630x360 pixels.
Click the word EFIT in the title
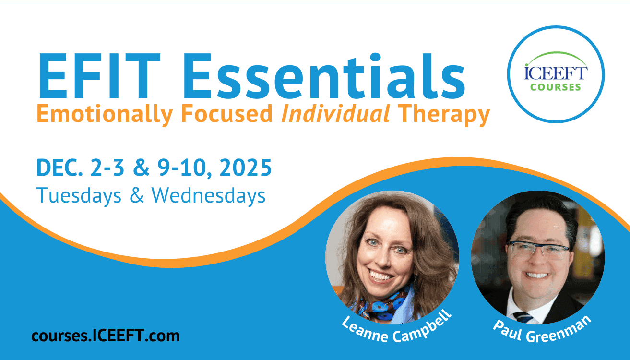point(99,76)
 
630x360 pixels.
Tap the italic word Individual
point(335,113)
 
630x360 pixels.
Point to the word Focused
point(226,113)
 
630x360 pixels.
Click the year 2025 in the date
point(245,168)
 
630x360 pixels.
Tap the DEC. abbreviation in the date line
point(59,168)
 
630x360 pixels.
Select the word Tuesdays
point(79,195)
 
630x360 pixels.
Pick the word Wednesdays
point(208,195)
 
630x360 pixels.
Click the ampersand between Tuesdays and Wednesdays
point(137,195)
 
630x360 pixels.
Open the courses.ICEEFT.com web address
point(106,336)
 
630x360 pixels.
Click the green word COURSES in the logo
point(556,87)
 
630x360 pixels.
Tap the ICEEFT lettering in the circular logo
point(556,72)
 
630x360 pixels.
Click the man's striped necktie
point(523,317)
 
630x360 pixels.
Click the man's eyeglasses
point(538,250)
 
